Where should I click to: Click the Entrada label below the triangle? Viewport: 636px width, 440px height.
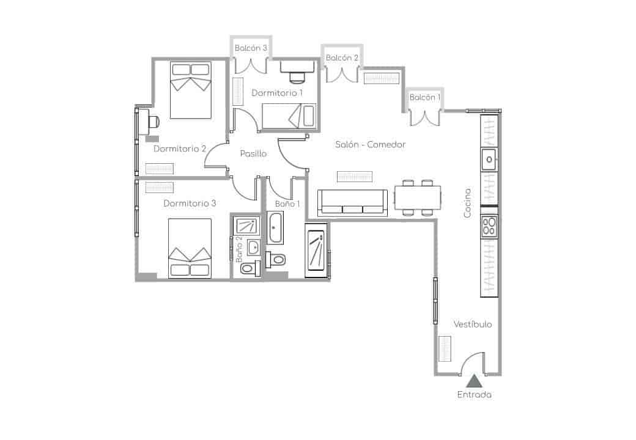(x=474, y=395)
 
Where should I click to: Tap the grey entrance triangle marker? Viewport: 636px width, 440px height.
(x=474, y=382)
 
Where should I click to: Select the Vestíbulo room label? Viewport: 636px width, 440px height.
(x=472, y=324)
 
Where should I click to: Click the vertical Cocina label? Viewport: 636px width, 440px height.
(x=467, y=203)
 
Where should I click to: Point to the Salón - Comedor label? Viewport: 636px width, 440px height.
(x=371, y=145)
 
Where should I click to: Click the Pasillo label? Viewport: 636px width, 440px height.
(x=253, y=154)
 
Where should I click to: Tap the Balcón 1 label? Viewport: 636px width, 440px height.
(x=424, y=98)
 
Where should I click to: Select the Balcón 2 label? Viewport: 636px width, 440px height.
(x=342, y=58)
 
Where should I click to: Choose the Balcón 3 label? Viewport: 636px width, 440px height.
(x=251, y=48)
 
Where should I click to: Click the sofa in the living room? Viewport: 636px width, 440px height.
(x=353, y=202)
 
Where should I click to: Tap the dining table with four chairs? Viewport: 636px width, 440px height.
(x=418, y=197)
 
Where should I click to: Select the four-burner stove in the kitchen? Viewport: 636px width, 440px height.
(x=489, y=226)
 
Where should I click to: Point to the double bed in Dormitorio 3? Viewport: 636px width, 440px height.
(x=190, y=249)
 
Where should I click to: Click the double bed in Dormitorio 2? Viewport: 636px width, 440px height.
(x=190, y=90)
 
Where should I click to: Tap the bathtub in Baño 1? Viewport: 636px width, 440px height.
(x=275, y=227)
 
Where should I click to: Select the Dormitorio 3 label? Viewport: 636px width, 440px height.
(x=190, y=204)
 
